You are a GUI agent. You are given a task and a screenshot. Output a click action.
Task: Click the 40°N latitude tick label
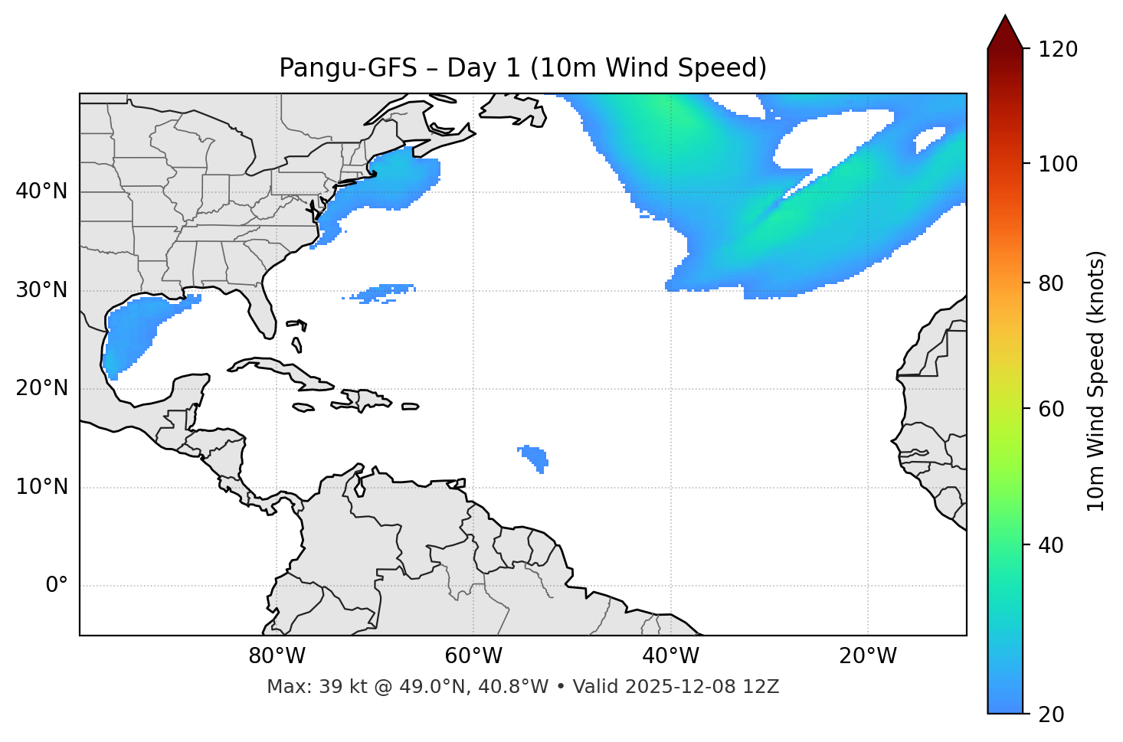coord(41,191)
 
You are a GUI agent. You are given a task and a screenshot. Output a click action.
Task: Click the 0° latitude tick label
coord(57,586)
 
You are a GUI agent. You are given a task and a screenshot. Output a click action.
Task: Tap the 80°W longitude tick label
coord(277,656)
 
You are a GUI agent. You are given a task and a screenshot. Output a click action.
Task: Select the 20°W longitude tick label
coord(868,656)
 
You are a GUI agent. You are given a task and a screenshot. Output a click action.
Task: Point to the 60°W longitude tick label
coord(473,656)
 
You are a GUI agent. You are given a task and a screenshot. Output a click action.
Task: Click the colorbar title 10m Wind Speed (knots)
coord(1096,381)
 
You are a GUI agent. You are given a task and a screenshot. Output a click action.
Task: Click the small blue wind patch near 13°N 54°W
coord(535,457)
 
